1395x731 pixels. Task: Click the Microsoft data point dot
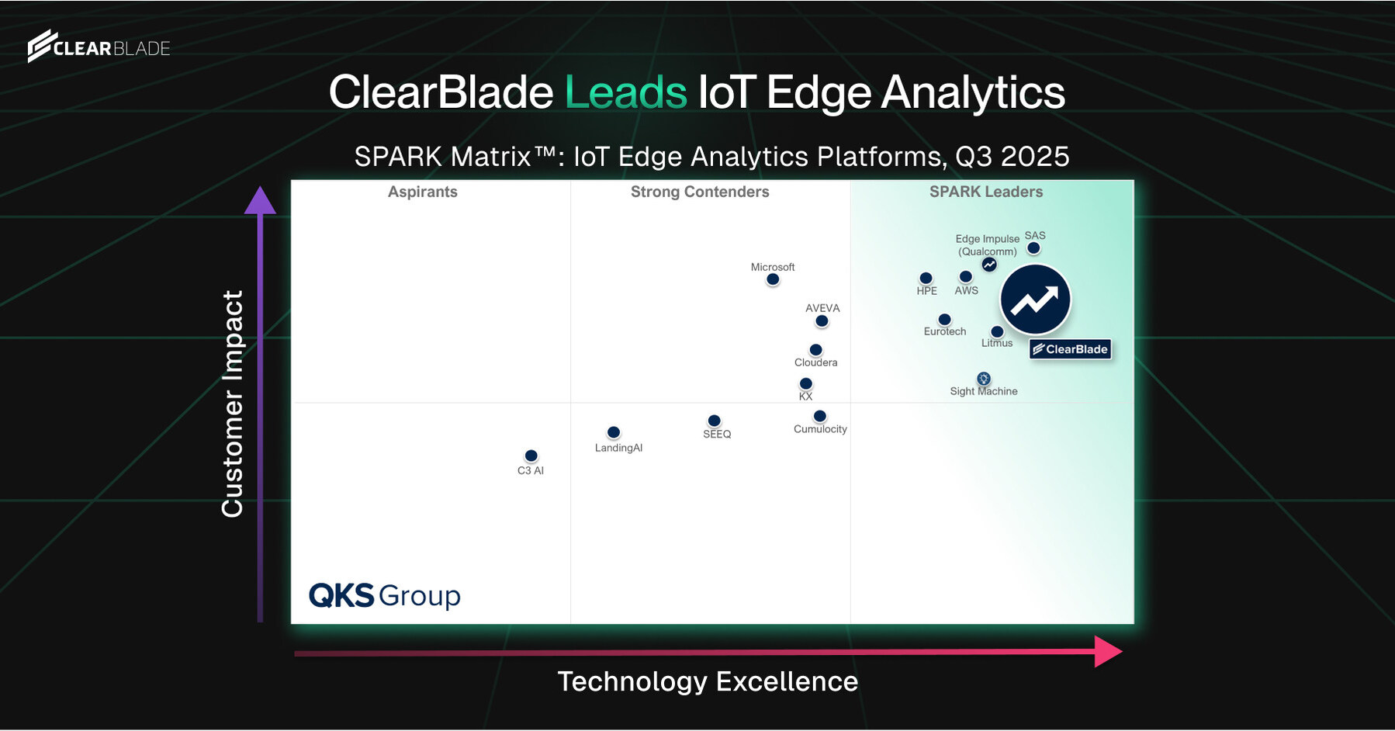click(x=773, y=279)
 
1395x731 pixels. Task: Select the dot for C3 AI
click(x=531, y=456)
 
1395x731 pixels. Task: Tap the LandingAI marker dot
click(x=614, y=432)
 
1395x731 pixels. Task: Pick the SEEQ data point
click(x=715, y=421)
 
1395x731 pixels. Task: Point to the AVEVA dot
click(x=822, y=321)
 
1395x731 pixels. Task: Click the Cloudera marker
click(x=815, y=350)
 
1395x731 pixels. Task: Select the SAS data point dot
click(x=1033, y=248)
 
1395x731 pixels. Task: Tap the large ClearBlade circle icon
click(x=1035, y=300)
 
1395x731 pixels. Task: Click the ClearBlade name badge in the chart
click(x=1071, y=349)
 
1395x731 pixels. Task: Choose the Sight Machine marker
click(x=984, y=379)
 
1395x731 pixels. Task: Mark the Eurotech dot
click(x=944, y=320)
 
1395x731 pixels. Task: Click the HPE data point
click(x=926, y=278)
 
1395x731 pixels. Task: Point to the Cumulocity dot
click(x=820, y=416)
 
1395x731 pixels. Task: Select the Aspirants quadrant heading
click(x=423, y=192)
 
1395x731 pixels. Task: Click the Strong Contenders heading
click(x=700, y=192)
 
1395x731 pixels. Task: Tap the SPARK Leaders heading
click(x=986, y=192)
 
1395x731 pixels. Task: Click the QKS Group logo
click(x=385, y=595)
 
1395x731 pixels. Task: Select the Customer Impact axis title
click(x=233, y=404)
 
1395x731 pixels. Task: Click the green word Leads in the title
click(x=625, y=92)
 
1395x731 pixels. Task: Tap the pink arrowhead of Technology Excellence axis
click(x=1107, y=651)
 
